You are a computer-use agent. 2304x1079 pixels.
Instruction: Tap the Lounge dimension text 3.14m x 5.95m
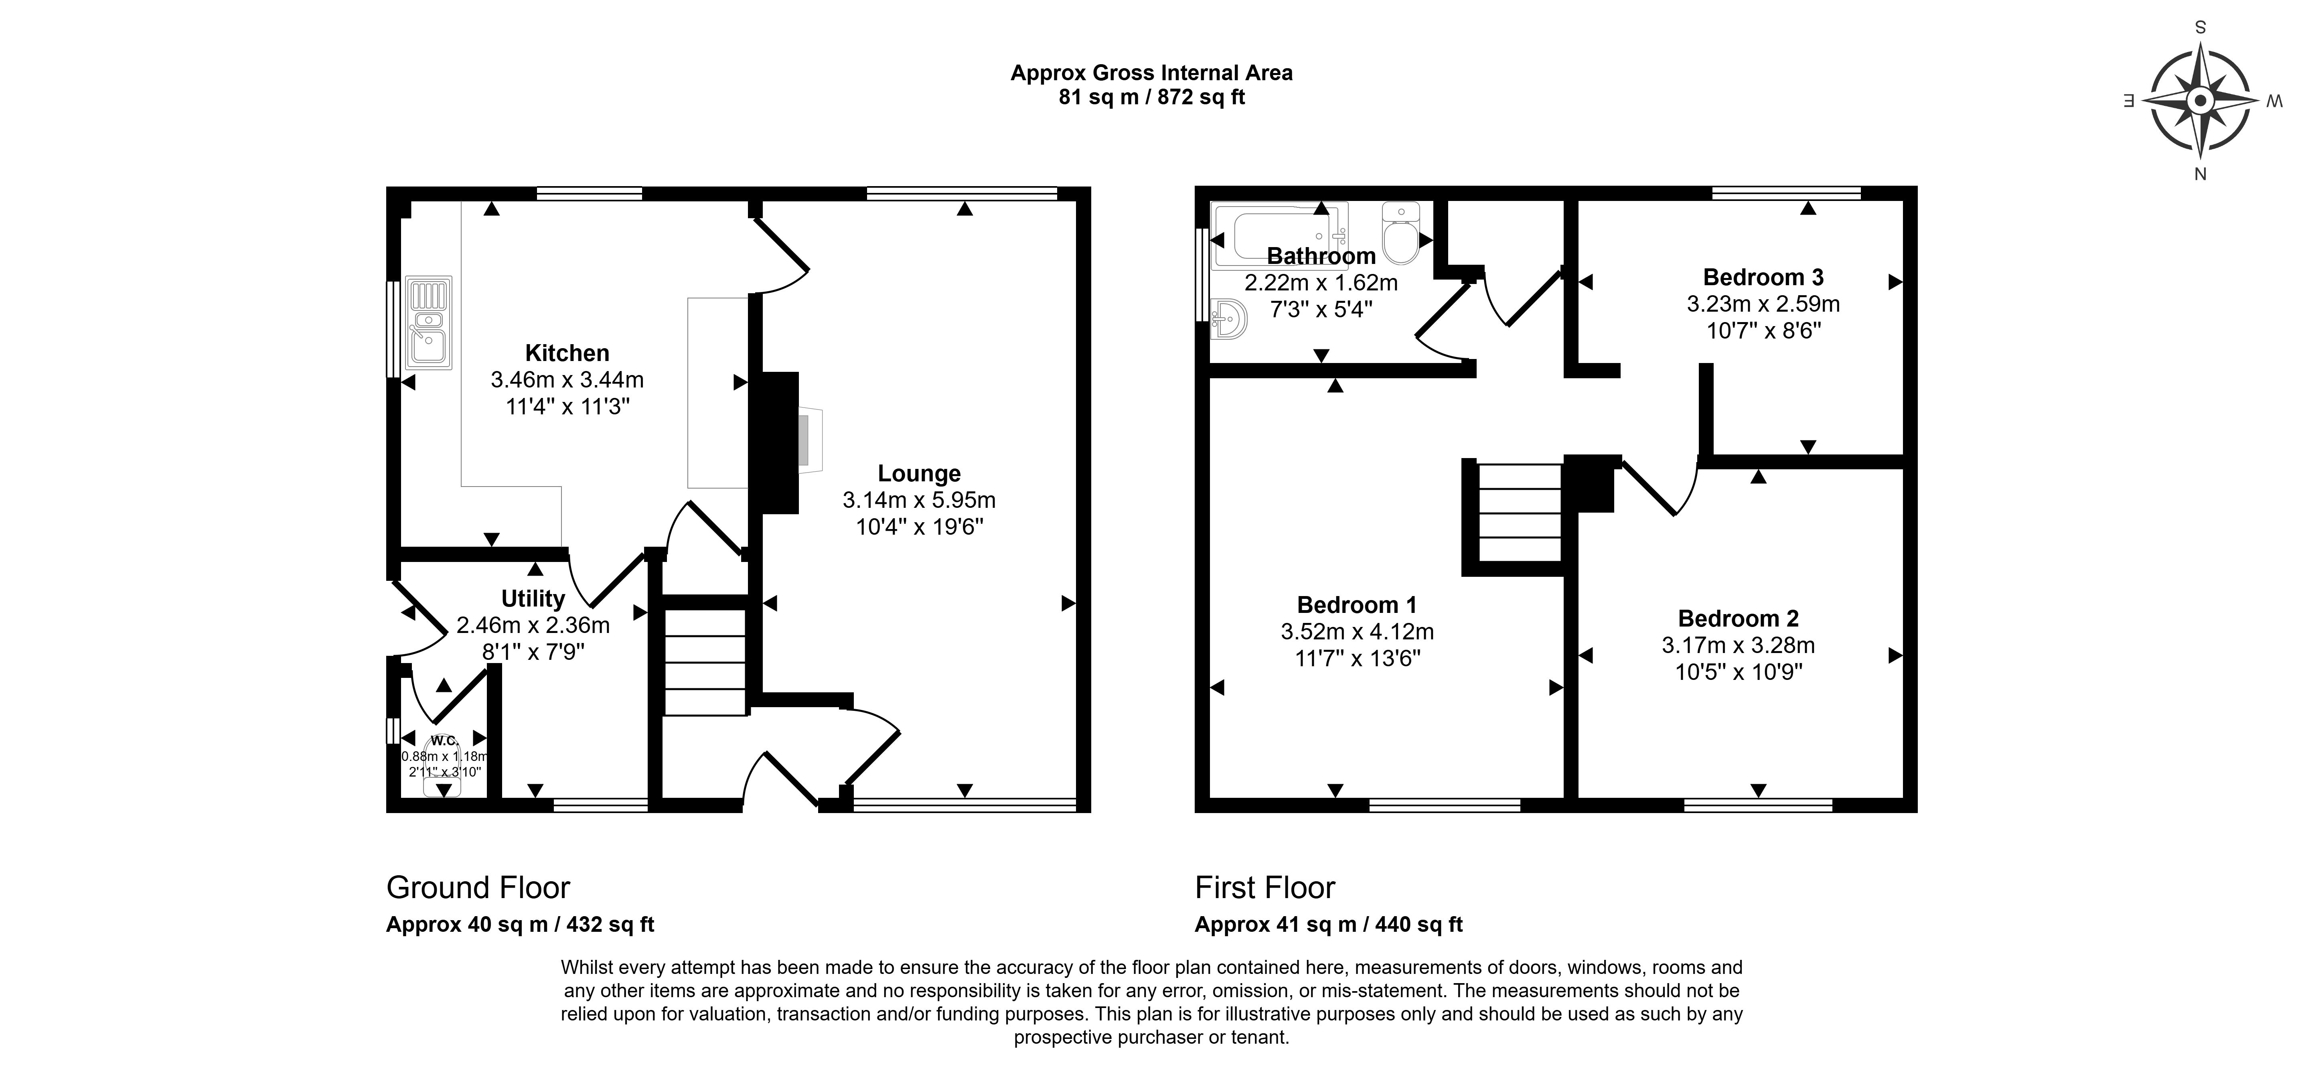point(918,500)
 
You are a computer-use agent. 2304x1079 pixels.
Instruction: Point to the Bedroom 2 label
point(1738,618)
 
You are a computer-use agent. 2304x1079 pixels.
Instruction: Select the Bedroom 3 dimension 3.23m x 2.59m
point(1763,304)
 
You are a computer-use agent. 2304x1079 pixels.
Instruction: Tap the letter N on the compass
point(2200,174)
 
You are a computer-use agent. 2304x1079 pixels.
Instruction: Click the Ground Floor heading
point(478,888)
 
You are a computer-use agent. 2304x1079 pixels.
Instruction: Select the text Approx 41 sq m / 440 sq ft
point(1328,924)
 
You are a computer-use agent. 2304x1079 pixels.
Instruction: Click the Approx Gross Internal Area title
point(1151,73)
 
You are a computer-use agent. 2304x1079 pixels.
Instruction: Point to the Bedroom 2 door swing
point(1662,488)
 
